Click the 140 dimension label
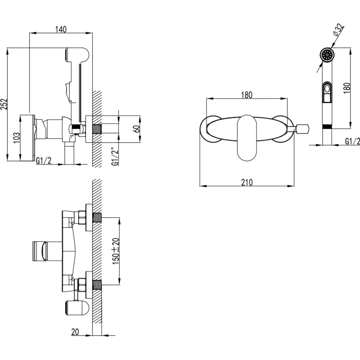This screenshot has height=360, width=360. [61, 29]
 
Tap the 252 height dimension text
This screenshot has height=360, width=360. [4, 104]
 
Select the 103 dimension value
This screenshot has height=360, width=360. [17, 138]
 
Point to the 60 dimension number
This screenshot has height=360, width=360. [137, 129]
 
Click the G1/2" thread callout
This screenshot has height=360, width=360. [115, 156]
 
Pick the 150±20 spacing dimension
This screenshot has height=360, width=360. [116, 251]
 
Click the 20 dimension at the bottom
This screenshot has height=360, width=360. [75, 332]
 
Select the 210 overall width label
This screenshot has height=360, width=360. [247, 182]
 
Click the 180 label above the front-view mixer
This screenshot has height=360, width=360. [247, 95]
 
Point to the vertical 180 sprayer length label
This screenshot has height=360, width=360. [347, 88]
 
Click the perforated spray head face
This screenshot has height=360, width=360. [327, 55]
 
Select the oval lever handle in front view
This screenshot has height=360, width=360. [247, 138]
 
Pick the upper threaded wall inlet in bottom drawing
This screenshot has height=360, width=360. [97, 218]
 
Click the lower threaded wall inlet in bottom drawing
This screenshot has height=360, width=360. [97, 285]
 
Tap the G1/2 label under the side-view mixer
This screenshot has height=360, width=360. [44, 161]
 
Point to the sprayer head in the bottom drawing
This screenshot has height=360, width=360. [76, 308]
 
